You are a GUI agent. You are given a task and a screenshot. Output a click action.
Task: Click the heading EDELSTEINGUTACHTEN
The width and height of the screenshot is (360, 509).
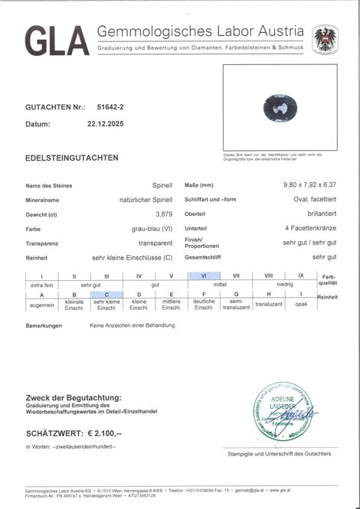pos(72,157)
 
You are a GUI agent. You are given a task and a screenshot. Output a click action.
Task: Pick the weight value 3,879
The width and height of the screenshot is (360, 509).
pos(162,214)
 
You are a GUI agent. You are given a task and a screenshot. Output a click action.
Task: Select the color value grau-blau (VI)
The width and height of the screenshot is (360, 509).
pos(150,228)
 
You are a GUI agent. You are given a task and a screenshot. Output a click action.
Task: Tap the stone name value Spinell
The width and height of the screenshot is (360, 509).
pos(162,186)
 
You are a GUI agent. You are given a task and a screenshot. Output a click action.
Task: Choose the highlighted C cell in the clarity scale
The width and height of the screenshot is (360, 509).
pos(106,294)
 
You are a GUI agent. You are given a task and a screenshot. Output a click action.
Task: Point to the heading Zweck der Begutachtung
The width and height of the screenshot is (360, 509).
pos(73,398)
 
